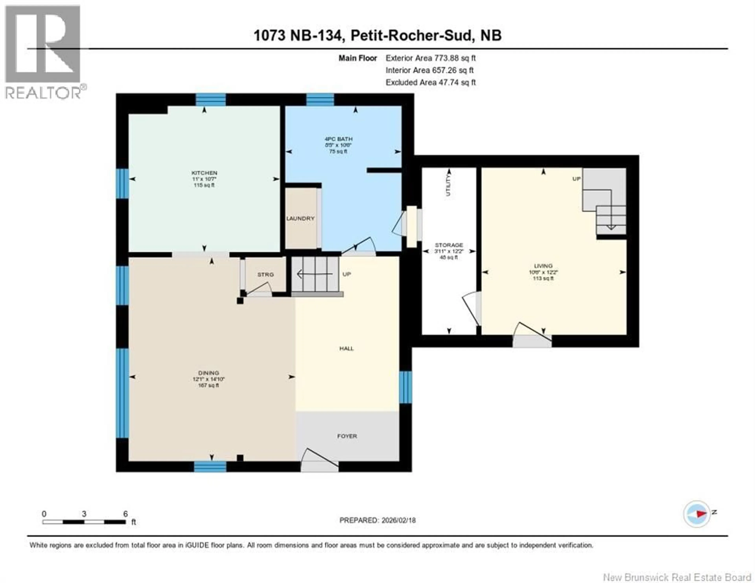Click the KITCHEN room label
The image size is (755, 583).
click(204, 173)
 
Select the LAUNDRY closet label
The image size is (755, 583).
click(300, 219)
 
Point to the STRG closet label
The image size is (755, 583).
click(265, 274)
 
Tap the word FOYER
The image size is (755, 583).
click(347, 436)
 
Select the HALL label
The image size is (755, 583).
click(346, 348)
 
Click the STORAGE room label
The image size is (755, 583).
click(449, 245)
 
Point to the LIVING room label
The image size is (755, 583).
click(543, 266)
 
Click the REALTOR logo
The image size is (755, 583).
click(43, 52)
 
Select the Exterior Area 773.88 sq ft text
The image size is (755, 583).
click(430, 58)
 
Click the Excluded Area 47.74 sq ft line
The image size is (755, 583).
click(430, 82)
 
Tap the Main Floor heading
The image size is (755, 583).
click(357, 58)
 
